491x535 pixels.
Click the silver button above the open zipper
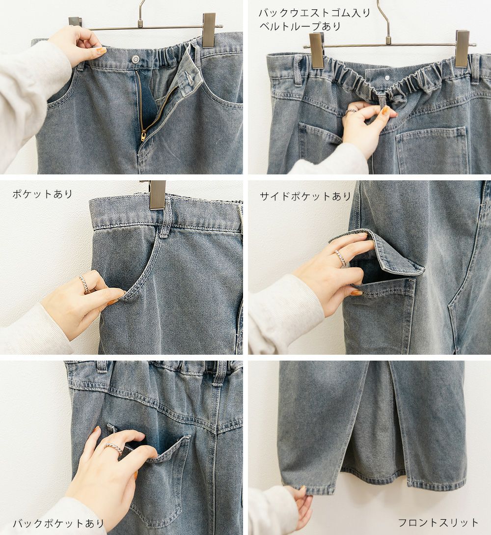136,59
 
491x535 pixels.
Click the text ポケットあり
43,194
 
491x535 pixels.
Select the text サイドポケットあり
305,196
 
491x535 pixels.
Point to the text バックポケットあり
58,523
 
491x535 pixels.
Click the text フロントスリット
438,523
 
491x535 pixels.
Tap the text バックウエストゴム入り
314,13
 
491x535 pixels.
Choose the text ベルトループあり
300,26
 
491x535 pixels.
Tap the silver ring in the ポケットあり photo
84,284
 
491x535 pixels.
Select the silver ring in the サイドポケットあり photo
341,257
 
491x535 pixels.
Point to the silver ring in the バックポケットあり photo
114,449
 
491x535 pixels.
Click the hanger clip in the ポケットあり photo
158,195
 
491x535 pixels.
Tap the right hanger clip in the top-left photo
209,29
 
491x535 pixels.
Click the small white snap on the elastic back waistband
388,78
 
